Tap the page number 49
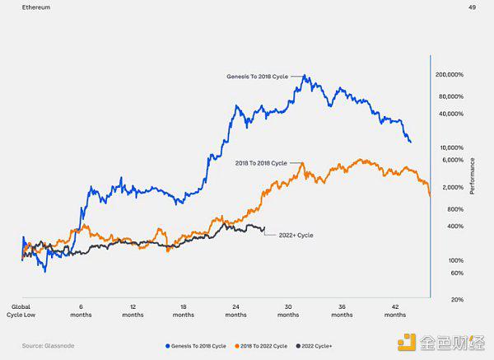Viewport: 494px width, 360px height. (x=472, y=7)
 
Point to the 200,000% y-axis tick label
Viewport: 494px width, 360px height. (x=450, y=74)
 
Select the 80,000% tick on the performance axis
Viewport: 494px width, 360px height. (x=451, y=96)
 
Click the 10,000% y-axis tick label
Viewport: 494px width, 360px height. (x=451, y=147)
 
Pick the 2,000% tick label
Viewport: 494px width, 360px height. (x=453, y=187)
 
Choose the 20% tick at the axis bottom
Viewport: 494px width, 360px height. (x=457, y=299)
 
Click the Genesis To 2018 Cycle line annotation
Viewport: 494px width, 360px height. (x=261, y=76)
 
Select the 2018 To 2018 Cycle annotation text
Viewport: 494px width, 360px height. (x=261, y=163)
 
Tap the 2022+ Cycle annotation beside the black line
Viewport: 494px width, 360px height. (x=294, y=236)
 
